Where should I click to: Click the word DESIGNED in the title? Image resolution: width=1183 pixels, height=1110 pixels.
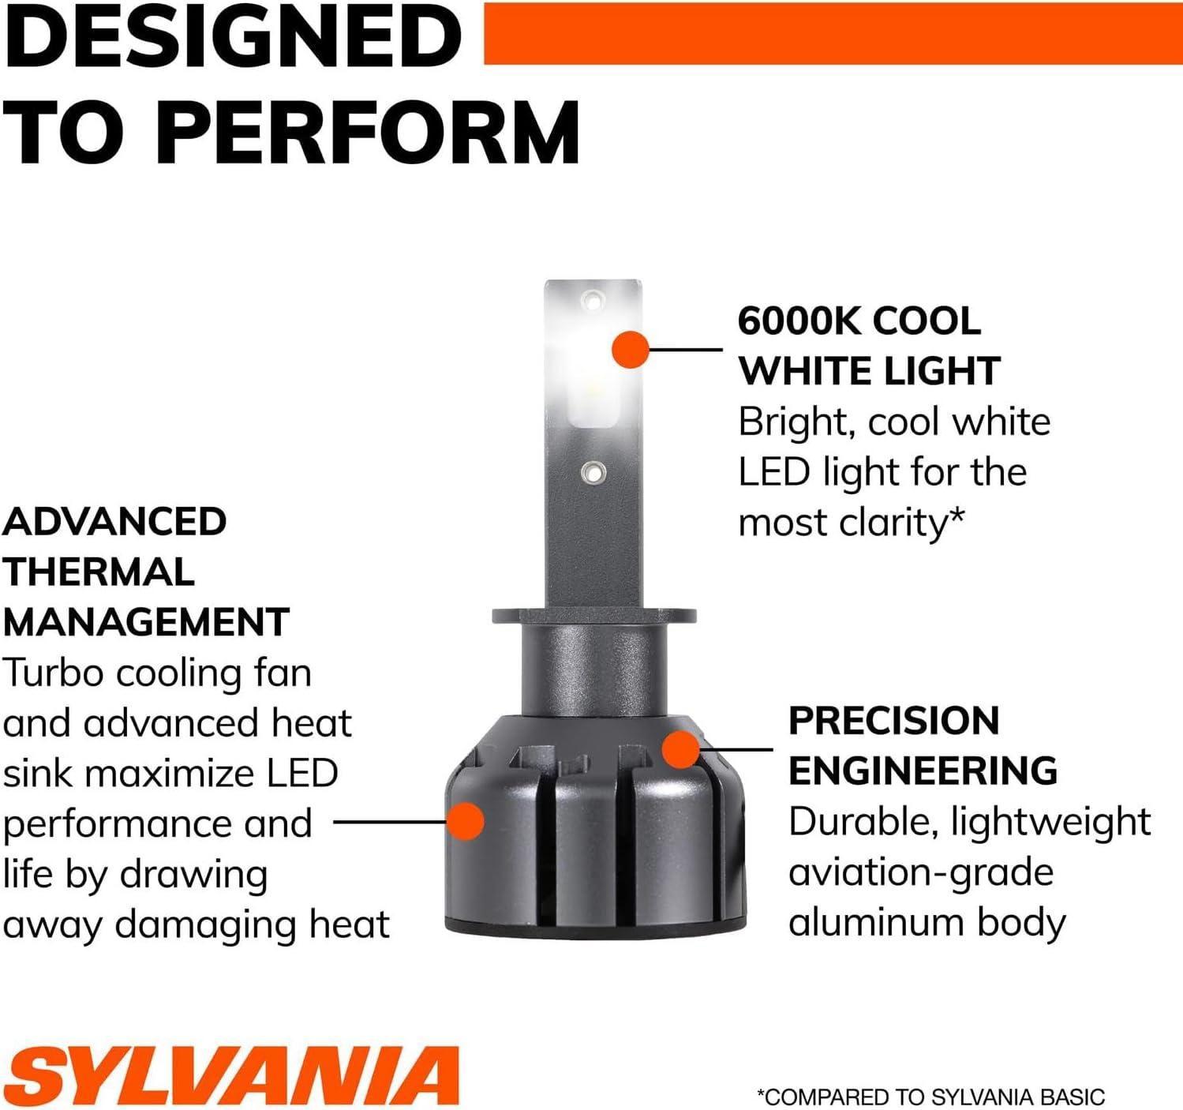coord(233,35)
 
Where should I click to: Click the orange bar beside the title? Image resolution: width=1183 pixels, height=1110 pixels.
coord(833,33)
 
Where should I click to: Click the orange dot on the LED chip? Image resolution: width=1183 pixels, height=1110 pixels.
coord(631,349)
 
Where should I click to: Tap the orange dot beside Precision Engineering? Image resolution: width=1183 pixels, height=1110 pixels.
coord(681,749)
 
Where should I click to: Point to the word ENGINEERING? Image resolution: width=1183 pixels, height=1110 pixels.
coord(923,771)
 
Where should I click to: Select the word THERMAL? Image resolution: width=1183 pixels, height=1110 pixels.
coord(99,572)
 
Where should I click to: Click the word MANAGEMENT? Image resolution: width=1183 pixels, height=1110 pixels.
coord(146,622)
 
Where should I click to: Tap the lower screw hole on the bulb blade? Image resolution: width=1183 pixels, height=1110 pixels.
coord(593,473)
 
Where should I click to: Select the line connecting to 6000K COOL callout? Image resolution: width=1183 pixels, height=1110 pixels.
coord(686,350)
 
